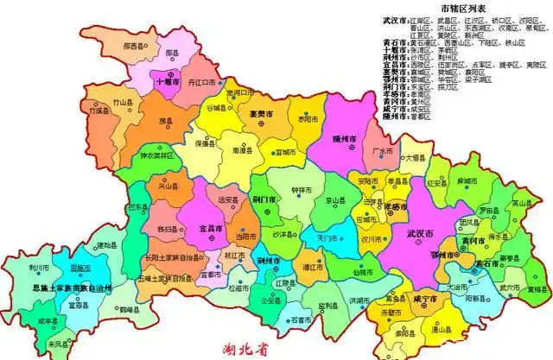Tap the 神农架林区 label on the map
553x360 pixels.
156,155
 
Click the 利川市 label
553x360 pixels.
38,267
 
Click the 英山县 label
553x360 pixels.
518,203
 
